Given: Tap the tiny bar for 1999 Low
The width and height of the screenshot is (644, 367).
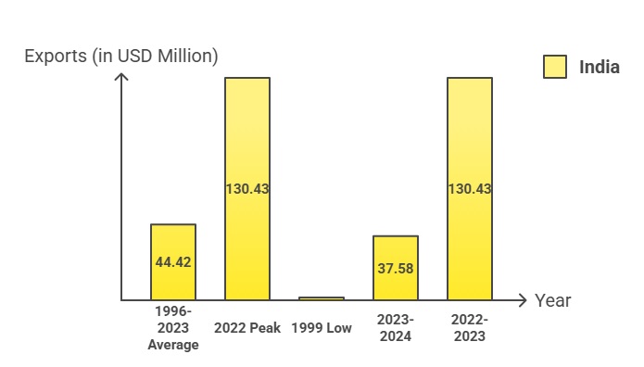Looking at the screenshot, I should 322,298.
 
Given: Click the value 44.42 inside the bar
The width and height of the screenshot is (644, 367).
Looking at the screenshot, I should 173,262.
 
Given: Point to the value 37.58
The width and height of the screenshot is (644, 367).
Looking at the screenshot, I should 396,268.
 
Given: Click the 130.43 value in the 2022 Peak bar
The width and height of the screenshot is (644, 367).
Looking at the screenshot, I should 247,188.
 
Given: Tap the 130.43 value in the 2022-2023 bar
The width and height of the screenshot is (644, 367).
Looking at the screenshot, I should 470,188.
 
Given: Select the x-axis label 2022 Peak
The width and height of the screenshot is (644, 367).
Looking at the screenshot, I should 247,328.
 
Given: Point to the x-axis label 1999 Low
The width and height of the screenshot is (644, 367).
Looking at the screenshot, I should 322,328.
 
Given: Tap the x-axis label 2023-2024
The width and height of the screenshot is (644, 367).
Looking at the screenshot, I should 396,327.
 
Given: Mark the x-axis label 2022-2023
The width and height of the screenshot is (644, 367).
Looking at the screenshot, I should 470,327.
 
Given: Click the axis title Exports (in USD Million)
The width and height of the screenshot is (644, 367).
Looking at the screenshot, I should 120,56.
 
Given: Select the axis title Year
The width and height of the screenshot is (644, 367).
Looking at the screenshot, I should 552,300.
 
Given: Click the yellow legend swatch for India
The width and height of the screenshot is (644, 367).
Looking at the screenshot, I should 555,67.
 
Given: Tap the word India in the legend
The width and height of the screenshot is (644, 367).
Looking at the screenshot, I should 600,67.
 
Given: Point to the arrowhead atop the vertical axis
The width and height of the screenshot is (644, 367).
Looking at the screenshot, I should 120,77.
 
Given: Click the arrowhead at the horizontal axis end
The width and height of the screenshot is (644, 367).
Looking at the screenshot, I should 524,300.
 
